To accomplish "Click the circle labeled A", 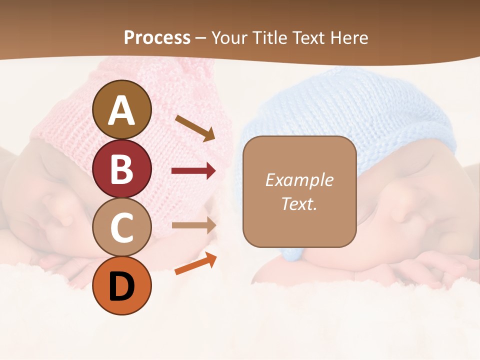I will (x=121, y=109).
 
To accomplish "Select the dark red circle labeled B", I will (x=121, y=168).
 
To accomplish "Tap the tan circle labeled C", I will (x=121, y=227).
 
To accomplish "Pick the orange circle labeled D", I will (x=121, y=285).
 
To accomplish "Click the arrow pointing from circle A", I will (x=195, y=128).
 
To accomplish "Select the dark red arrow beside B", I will (x=193, y=171).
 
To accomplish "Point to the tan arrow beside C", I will (x=193, y=225).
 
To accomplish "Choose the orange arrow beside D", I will (x=195, y=263).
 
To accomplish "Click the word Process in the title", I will (x=157, y=37).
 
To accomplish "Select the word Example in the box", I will (x=299, y=180).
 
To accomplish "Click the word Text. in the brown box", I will (x=299, y=203).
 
